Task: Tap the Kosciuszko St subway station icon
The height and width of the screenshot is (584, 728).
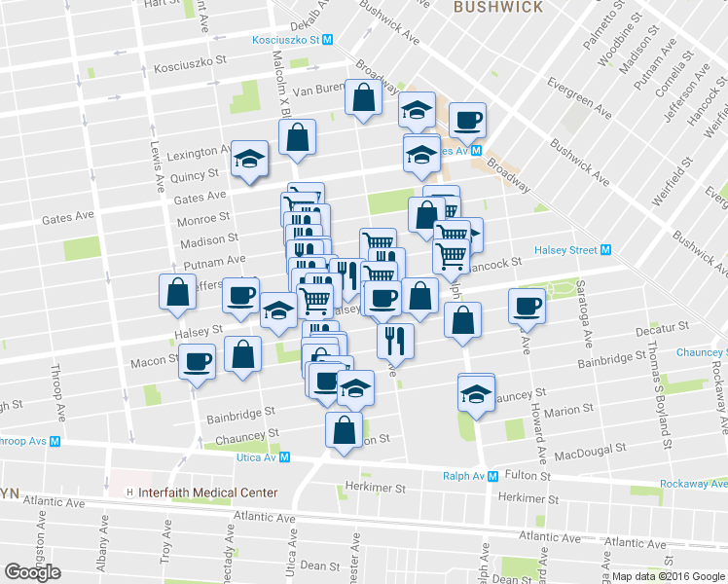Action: [x=328, y=40]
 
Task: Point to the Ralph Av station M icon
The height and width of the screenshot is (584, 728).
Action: [x=494, y=476]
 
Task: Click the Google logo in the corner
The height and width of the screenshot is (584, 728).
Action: [x=32, y=572]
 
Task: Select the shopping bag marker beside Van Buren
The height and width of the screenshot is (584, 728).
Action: [x=364, y=98]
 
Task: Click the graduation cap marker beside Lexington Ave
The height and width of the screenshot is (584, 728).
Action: [x=250, y=159]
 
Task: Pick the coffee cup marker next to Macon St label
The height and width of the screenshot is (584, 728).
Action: [x=198, y=361]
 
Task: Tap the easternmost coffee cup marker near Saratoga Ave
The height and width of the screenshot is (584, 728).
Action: [x=527, y=306]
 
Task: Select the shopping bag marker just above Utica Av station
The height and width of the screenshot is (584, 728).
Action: [x=344, y=429]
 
